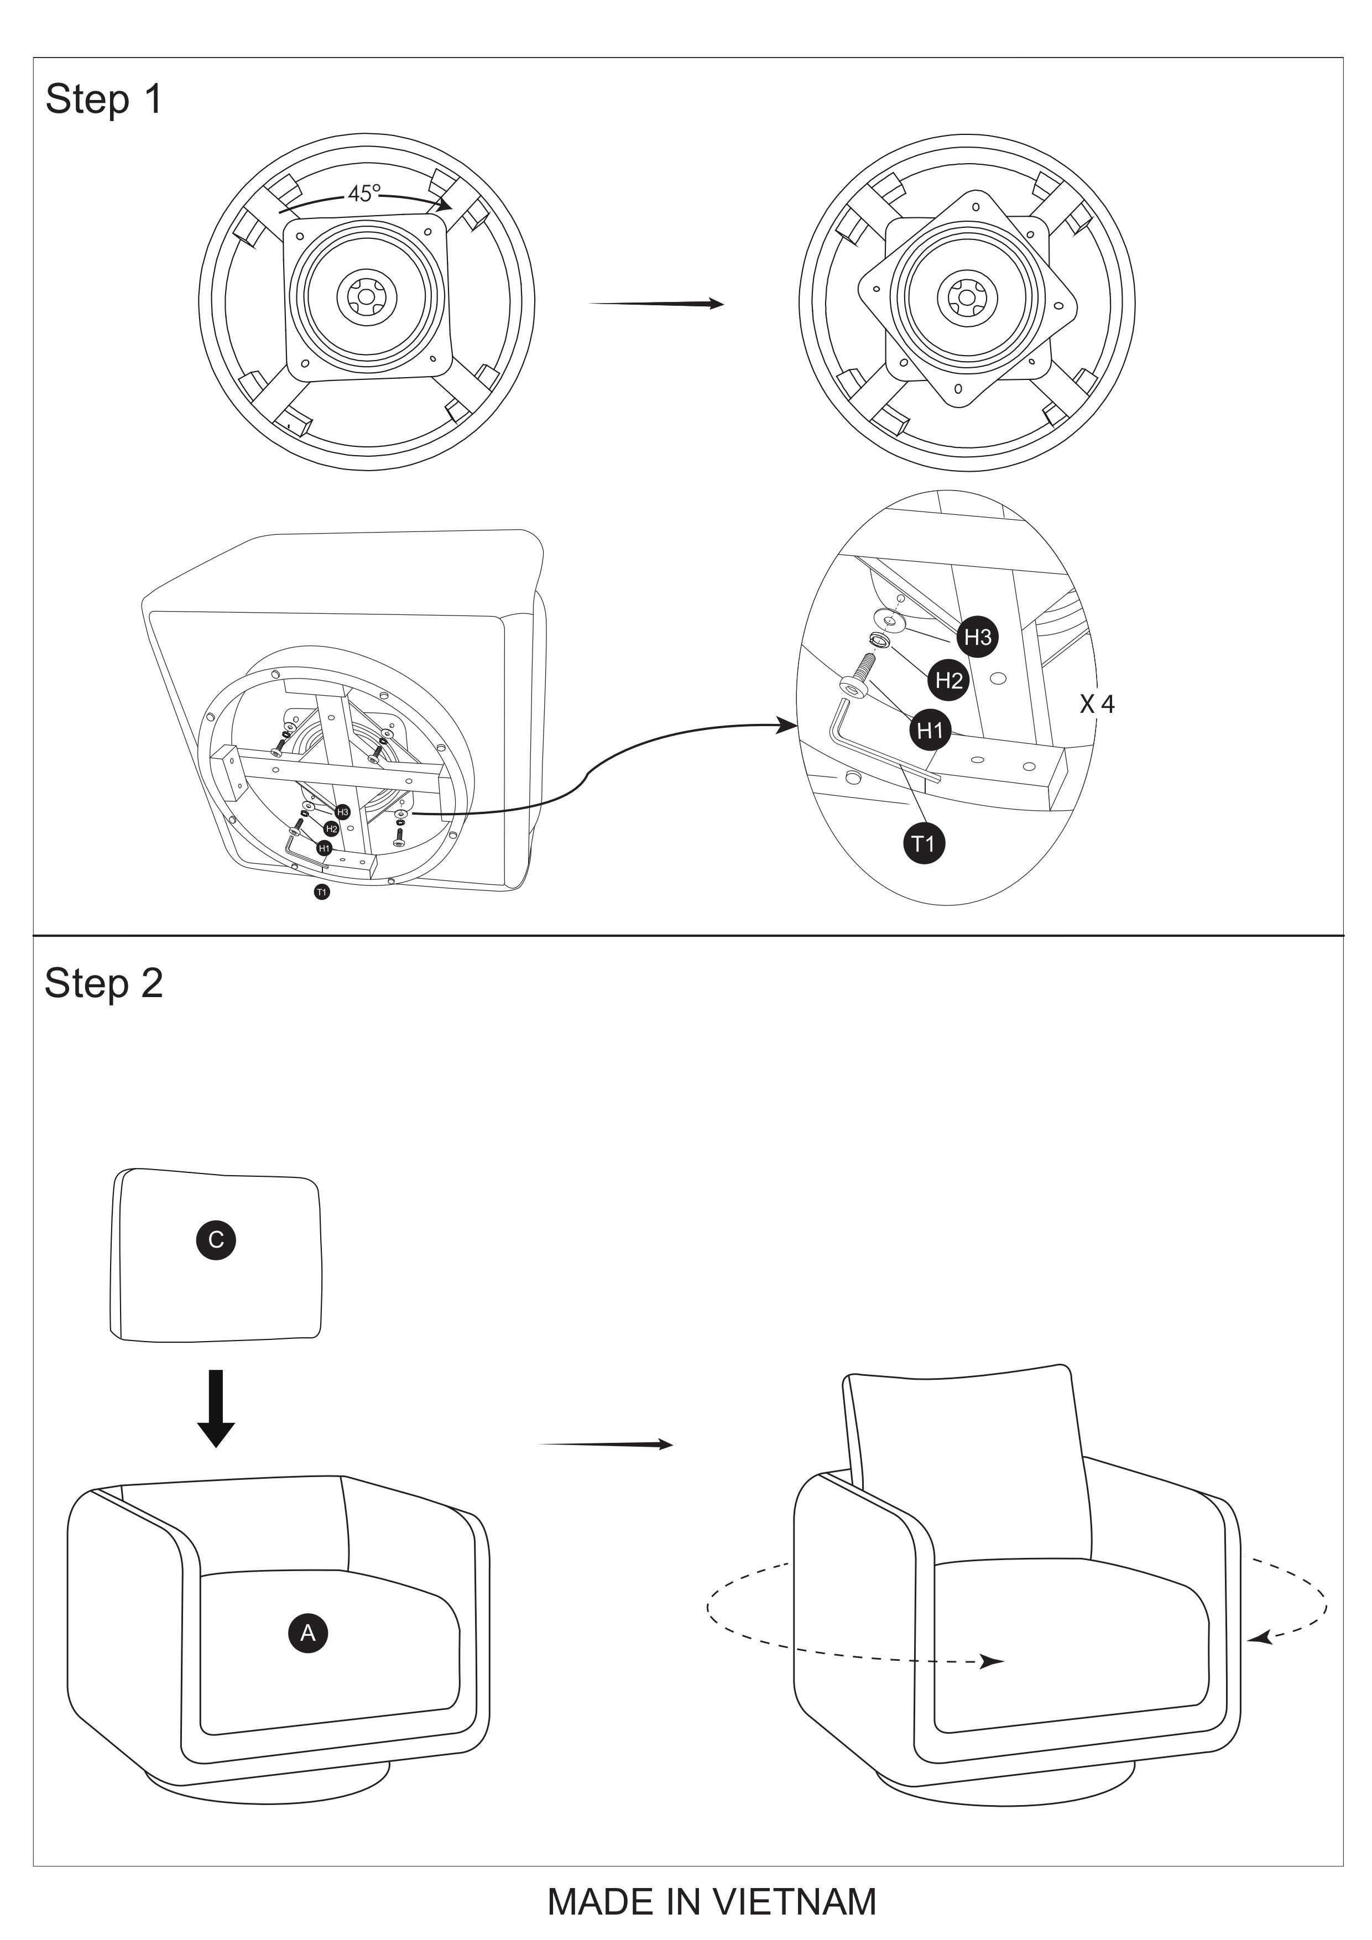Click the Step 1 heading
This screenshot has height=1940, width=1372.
[103, 99]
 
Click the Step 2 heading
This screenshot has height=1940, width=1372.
[103, 983]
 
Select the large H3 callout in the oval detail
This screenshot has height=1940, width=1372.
[978, 637]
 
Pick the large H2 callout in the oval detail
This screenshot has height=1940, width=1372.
[949, 680]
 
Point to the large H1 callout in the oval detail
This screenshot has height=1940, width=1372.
[929, 730]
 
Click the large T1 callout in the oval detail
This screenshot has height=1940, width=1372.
[924, 843]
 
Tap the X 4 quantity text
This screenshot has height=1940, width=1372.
[1097, 704]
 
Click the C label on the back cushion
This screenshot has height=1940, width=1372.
[216, 1239]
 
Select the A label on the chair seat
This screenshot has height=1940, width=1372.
[307, 1633]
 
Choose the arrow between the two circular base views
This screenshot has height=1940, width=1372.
[656, 304]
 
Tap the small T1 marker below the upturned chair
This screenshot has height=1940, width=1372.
[321, 891]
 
